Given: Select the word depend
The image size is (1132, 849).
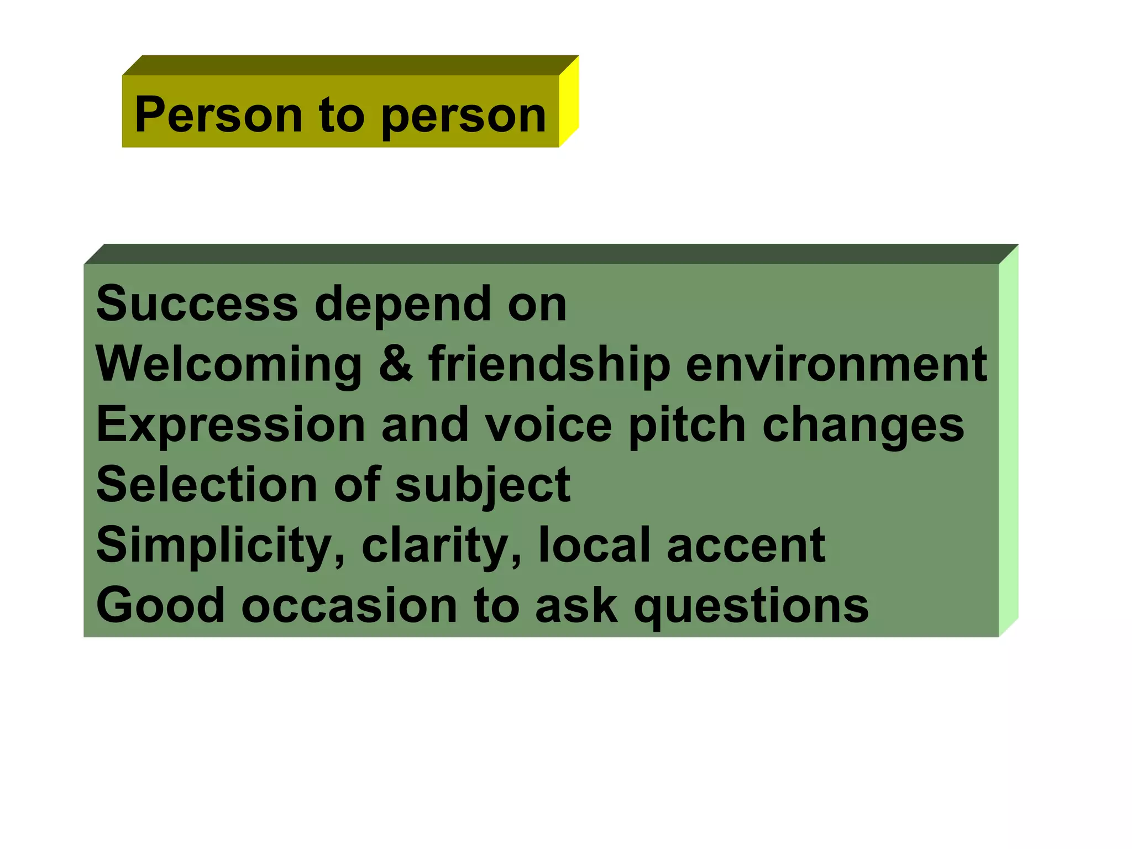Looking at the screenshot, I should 402,305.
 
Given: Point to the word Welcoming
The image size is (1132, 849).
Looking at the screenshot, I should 229,365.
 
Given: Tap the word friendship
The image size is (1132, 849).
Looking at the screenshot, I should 549,365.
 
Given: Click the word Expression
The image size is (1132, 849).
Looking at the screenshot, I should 230,425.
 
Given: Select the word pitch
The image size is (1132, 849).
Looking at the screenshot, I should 687,425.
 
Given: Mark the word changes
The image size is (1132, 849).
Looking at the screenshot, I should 863,425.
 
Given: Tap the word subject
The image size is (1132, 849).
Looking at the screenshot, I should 483,485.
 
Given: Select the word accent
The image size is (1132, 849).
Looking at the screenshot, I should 746,546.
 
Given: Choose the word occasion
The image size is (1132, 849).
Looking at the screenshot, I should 349,606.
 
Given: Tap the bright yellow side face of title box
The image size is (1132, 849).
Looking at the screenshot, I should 569,102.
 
